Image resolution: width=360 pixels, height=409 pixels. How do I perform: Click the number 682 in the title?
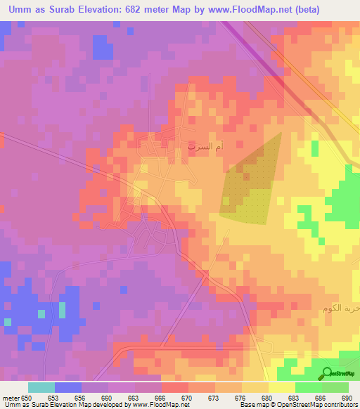point(134,10)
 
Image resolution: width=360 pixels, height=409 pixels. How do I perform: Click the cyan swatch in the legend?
point(41,387)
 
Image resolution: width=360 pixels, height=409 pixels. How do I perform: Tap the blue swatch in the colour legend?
point(68,387)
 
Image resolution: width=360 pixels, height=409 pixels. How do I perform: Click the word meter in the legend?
point(11,398)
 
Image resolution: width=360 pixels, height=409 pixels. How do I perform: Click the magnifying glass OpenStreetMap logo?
point(326,372)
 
